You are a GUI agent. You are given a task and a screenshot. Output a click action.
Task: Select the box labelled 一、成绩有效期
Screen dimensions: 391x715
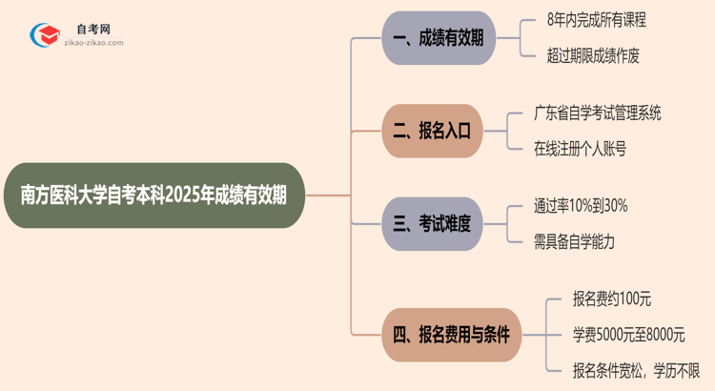tap(439, 38)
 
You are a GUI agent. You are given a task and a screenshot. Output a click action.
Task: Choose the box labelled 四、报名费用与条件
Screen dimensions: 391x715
tap(452, 335)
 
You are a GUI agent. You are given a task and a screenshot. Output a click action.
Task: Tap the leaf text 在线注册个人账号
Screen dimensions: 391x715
tap(581, 149)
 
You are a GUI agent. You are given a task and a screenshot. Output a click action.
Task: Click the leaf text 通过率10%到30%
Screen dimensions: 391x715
tap(581, 205)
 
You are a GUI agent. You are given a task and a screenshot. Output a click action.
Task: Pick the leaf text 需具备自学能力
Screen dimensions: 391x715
tap(574, 242)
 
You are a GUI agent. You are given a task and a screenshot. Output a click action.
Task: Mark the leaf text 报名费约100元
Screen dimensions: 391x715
tap(611, 298)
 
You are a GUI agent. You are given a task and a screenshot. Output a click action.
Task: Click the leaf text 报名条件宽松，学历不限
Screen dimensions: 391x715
tap(636, 370)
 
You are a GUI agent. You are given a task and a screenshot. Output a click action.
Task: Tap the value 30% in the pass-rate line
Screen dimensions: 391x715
tap(615, 205)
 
